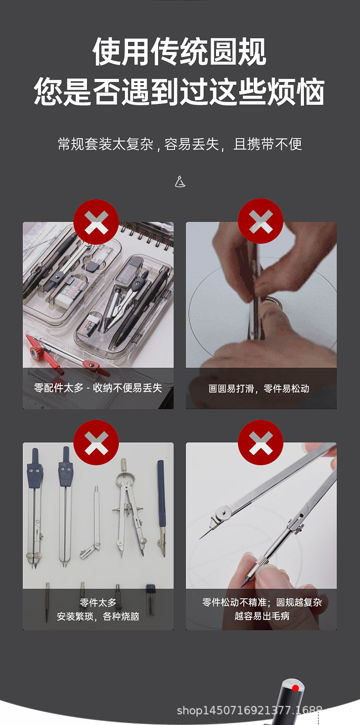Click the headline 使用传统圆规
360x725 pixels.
pyautogui.click(x=180, y=52)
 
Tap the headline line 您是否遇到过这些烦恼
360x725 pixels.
pyautogui.click(x=180, y=91)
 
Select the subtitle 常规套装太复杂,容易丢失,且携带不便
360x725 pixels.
pyautogui.click(x=180, y=144)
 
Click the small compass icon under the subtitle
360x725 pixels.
pyautogui.click(x=180, y=181)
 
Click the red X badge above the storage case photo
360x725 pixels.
pyautogui.click(x=96, y=222)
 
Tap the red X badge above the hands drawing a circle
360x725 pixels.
pyautogui.click(x=261, y=221)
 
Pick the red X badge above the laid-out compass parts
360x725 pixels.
pyautogui.click(x=96, y=442)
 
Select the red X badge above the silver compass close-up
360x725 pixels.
pyautogui.click(x=261, y=442)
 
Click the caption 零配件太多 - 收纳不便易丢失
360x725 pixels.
pyautogui.click(x=98, y=388)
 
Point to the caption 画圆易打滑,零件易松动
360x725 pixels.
pyautogui.click(x=259, y=388)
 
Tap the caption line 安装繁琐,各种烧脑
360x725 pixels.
pyautogui.click(x=98, y=616)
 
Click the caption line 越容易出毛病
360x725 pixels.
pyautogui.click(x=262, y=616)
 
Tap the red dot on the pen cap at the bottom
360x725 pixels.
pyautogui.click(x=296, y=688)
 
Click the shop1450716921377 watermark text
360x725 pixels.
pyautogui.click(x=249, y=710)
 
